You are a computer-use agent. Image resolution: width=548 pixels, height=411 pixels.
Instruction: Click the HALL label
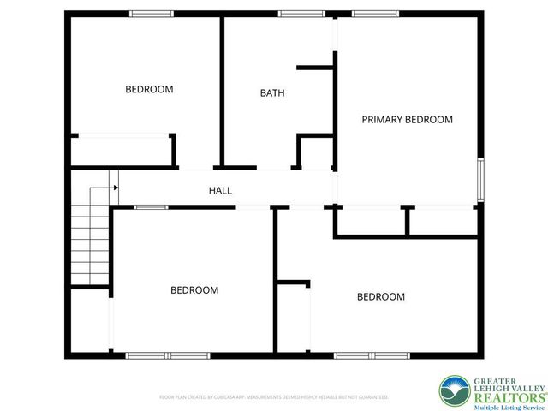pos(220,191)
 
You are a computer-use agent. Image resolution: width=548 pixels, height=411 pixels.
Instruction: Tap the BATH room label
pos(272,93)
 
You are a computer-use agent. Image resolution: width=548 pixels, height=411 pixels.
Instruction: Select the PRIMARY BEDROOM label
pos(407,120)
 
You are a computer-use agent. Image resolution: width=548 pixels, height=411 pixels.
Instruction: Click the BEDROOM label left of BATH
pos(149,89)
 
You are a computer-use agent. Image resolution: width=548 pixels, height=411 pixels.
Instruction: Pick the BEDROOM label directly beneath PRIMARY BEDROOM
pos(380,297)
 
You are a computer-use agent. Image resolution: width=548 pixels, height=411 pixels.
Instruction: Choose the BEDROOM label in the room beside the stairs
pos(194,290)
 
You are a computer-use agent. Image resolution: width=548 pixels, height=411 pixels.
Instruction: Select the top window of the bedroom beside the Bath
pos(151,14)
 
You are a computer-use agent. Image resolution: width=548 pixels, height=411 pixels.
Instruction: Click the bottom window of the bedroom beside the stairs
pos(168,355)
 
